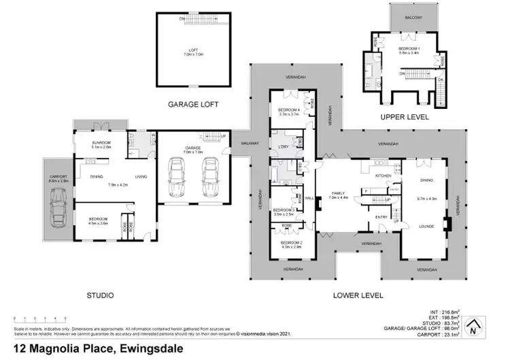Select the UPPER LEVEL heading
405,117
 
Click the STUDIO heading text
100,295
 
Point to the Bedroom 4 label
289,110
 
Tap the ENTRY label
381,217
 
